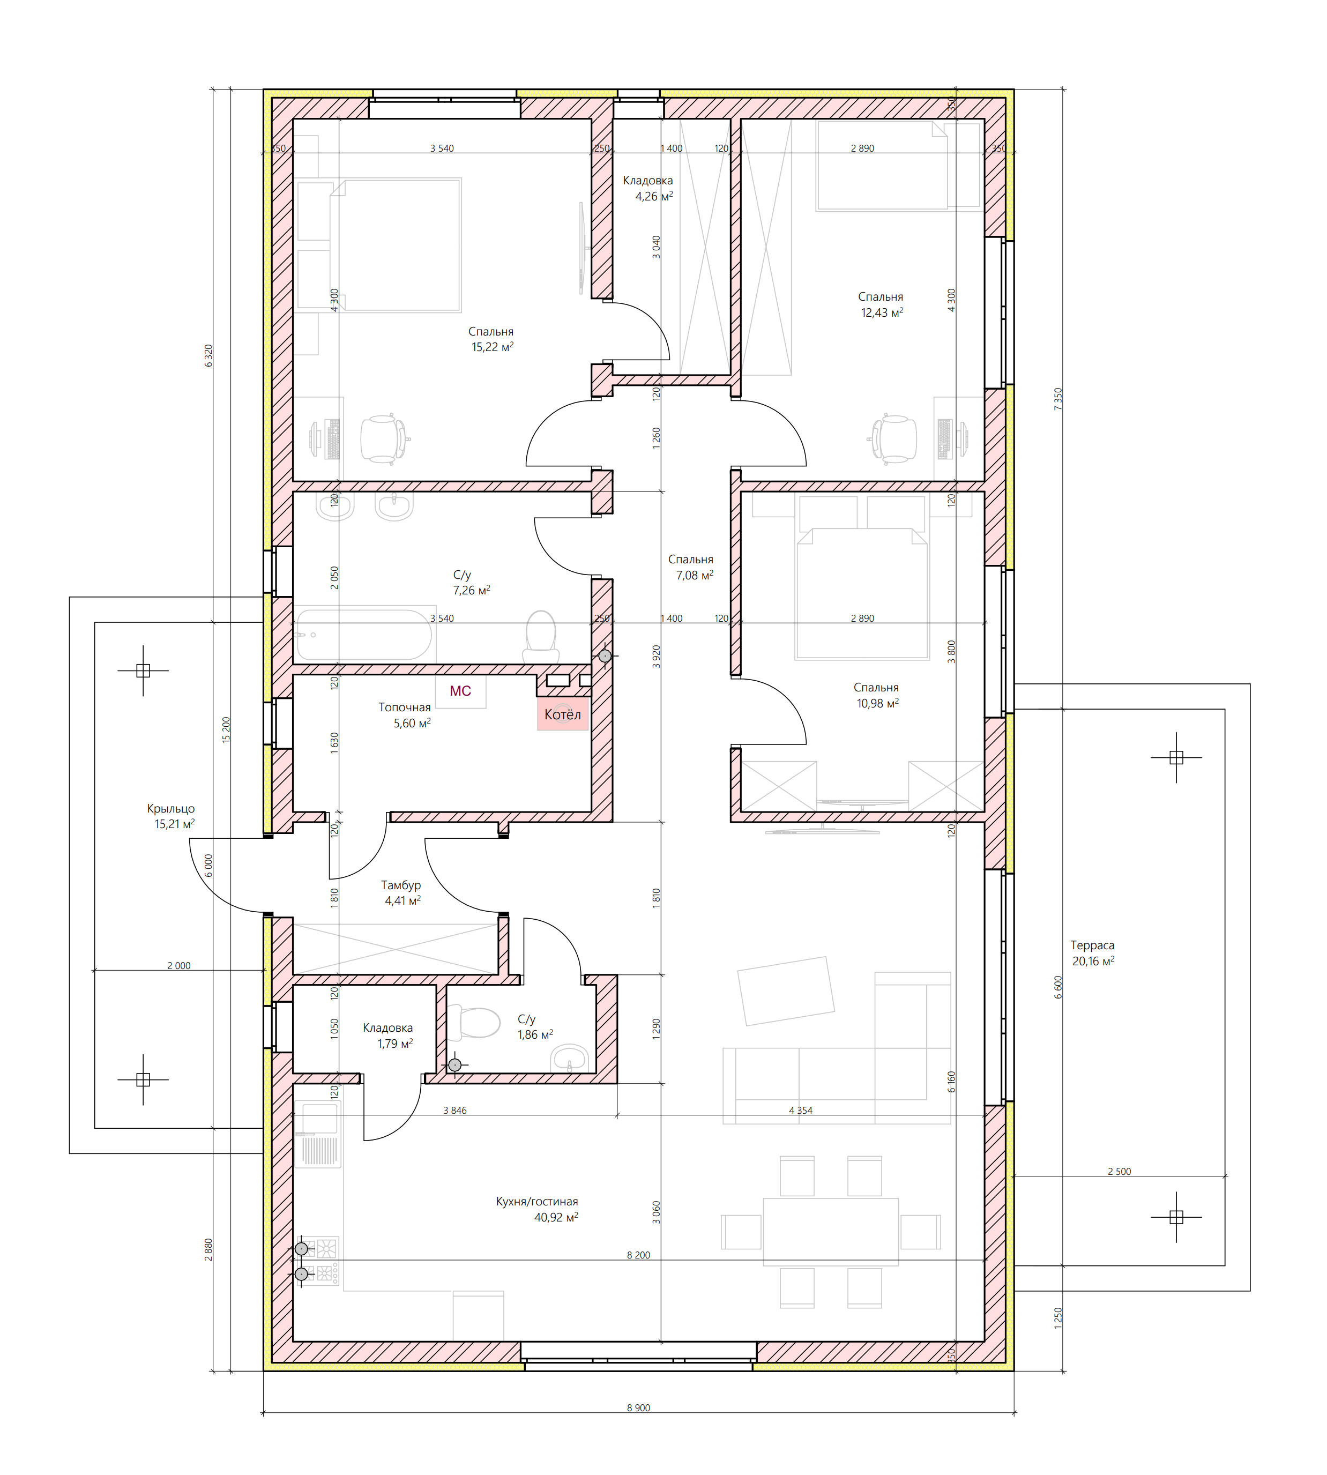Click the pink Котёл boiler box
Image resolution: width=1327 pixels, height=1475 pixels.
pyautogui.click(x=562, y=714)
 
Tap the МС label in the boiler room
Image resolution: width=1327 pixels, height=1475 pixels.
pyautogui.click(x=460, y=690)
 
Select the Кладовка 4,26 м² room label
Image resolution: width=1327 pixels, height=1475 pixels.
pyautogui.click(x=647, y=188)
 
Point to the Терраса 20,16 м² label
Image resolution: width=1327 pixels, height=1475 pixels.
pyautogui.click(x=1092, y=953)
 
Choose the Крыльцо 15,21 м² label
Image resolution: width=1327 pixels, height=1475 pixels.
pyautogui.click(x=172, y=816)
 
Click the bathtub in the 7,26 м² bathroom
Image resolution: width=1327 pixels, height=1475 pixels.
pyautogui.click(x=364, y=635)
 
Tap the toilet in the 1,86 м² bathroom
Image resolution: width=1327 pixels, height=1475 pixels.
pyautogui.click(x=473, y=1022)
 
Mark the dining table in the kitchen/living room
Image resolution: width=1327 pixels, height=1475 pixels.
pyautogui.click(x=831, y=1232)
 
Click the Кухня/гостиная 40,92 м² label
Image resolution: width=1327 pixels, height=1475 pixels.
pyautogui.click(x=538, y=1209)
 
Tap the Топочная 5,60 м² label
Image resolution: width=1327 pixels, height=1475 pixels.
pyautogui.click(x=405, y=714)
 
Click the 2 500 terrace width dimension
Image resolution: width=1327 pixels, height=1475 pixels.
pyautogui.click(x=1119, y=1172)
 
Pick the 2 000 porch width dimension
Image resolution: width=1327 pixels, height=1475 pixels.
pyautogui.click(x=178, y=965)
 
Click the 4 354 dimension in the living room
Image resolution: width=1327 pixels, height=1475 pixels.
pyautogui.click(x=801, y=1111)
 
